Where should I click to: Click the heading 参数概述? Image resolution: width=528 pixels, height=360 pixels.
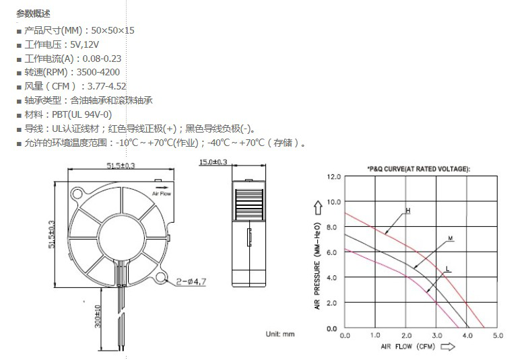click(x=33, y=13)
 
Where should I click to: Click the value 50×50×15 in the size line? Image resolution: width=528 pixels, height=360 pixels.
click(x=113, y=31)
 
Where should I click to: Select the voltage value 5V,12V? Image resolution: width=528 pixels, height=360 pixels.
click(x=85, y=44)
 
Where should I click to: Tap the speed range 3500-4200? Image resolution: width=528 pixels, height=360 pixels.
click(x=98, y=73)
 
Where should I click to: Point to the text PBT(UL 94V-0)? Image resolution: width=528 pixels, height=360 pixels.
click(x=82, y=114)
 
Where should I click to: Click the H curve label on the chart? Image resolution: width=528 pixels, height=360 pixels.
click(x=408, y=211)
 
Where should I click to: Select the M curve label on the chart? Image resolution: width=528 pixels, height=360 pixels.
click(x=451, y=238)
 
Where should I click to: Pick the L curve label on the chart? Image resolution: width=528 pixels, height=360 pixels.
click(x=447, y=269)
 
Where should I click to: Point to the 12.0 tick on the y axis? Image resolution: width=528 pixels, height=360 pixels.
click(x=334, y=176)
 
